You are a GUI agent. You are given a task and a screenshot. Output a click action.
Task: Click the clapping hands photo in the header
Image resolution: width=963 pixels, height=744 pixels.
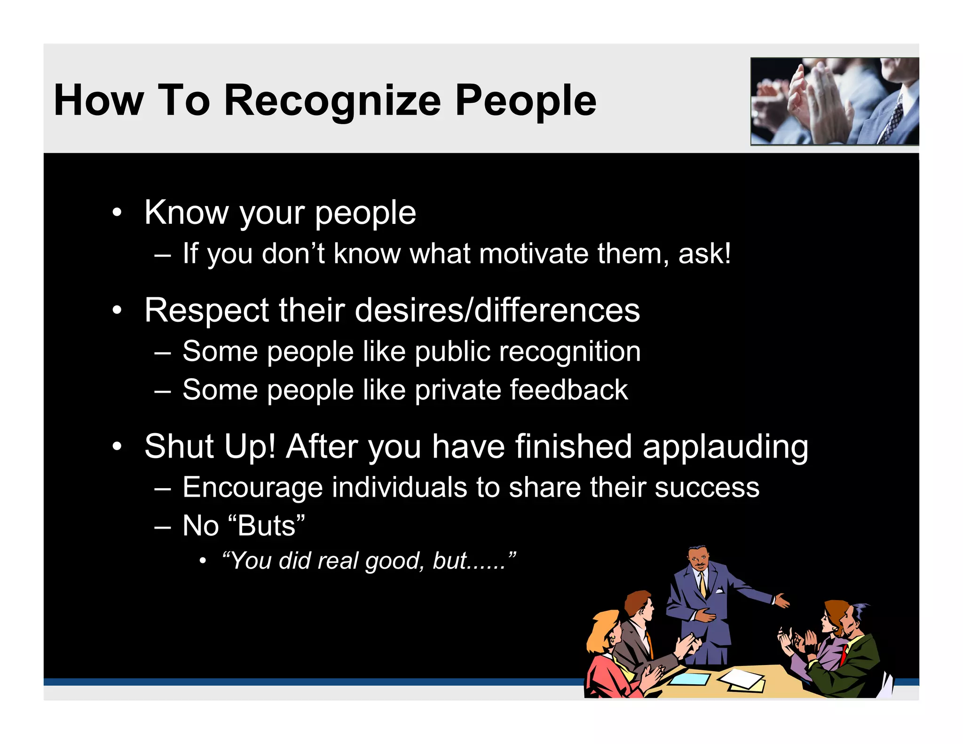point(834,101)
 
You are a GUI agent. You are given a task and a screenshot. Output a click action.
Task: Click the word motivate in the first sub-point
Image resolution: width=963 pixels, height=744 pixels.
point(534,254)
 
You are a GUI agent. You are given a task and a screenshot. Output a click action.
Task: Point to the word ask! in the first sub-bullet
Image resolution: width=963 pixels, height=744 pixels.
point(704,254)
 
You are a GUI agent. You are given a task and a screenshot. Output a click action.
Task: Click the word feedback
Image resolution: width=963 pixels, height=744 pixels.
point(568,390)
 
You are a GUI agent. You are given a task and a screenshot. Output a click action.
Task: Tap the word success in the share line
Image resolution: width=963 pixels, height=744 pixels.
point(707,488)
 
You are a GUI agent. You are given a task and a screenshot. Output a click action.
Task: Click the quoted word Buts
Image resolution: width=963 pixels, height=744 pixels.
point(267,526)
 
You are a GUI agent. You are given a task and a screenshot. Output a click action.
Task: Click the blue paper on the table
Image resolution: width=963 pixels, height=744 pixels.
point(690,679)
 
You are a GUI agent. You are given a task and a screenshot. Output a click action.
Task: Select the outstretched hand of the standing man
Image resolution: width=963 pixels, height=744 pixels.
point(781,601)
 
